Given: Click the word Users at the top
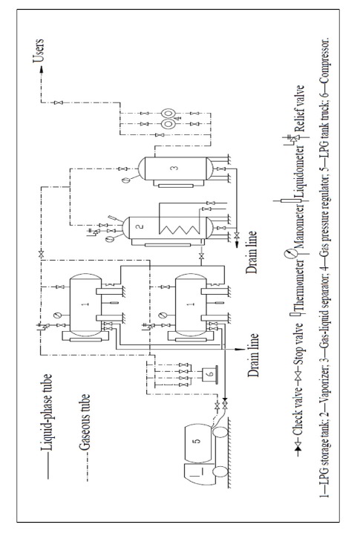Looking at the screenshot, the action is pyautogui.click(x=39, y=51).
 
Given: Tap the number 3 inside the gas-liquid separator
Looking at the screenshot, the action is pyautogui.click(x=175, y=168).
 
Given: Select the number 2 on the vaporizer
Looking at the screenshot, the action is pyautogui.click(x=140, y=226).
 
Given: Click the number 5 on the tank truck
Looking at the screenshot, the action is pyautogui.click(x=196, y=441).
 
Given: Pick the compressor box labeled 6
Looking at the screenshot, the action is pyautogui.click(x=210, y=374).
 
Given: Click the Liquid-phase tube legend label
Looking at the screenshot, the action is pyautogui.click(x=46, y=412).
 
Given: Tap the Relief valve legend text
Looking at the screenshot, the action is pyautogui.click(x=299, y=108).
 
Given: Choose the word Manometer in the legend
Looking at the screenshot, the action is pyautogui.click(x=299, y=226).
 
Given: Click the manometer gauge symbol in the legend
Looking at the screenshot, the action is pyautogui.click(x=289, y=254).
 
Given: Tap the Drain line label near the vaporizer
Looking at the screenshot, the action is pyautogui.click(x=251, y=252).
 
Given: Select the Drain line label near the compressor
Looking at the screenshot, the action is pyautogui.click(x=253, y=355).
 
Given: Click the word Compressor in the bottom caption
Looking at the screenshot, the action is pyautogui.click(x=324, y=62).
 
